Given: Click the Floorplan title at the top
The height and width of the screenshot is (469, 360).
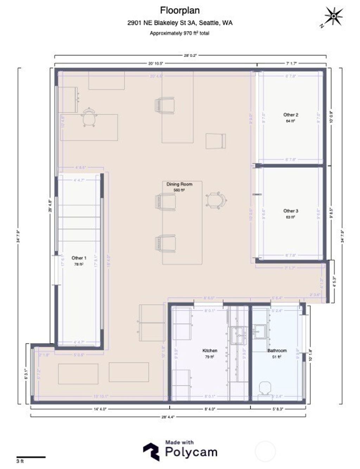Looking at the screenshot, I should tap(180, 11).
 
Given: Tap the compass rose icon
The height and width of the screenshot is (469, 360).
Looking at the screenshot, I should tap(333, 16).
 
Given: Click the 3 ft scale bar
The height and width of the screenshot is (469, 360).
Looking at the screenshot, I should tap(31, 457).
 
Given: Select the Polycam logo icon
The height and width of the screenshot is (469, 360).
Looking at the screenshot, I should tap(151, 451).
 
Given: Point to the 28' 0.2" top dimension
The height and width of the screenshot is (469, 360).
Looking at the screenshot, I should tap(191, 55).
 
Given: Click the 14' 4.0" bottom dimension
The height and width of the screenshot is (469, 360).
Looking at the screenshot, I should tap(99, 409).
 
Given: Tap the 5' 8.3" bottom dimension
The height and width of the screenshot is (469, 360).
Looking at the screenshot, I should tap(278, 409).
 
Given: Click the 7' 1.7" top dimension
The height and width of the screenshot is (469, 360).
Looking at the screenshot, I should tap(291, 64).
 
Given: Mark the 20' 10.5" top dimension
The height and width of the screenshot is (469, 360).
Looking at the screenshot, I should tap(156, 64).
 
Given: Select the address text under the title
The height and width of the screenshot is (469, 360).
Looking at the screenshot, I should tap(180, 23).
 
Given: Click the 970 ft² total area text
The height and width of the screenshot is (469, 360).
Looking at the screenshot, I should tap(180, 33).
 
